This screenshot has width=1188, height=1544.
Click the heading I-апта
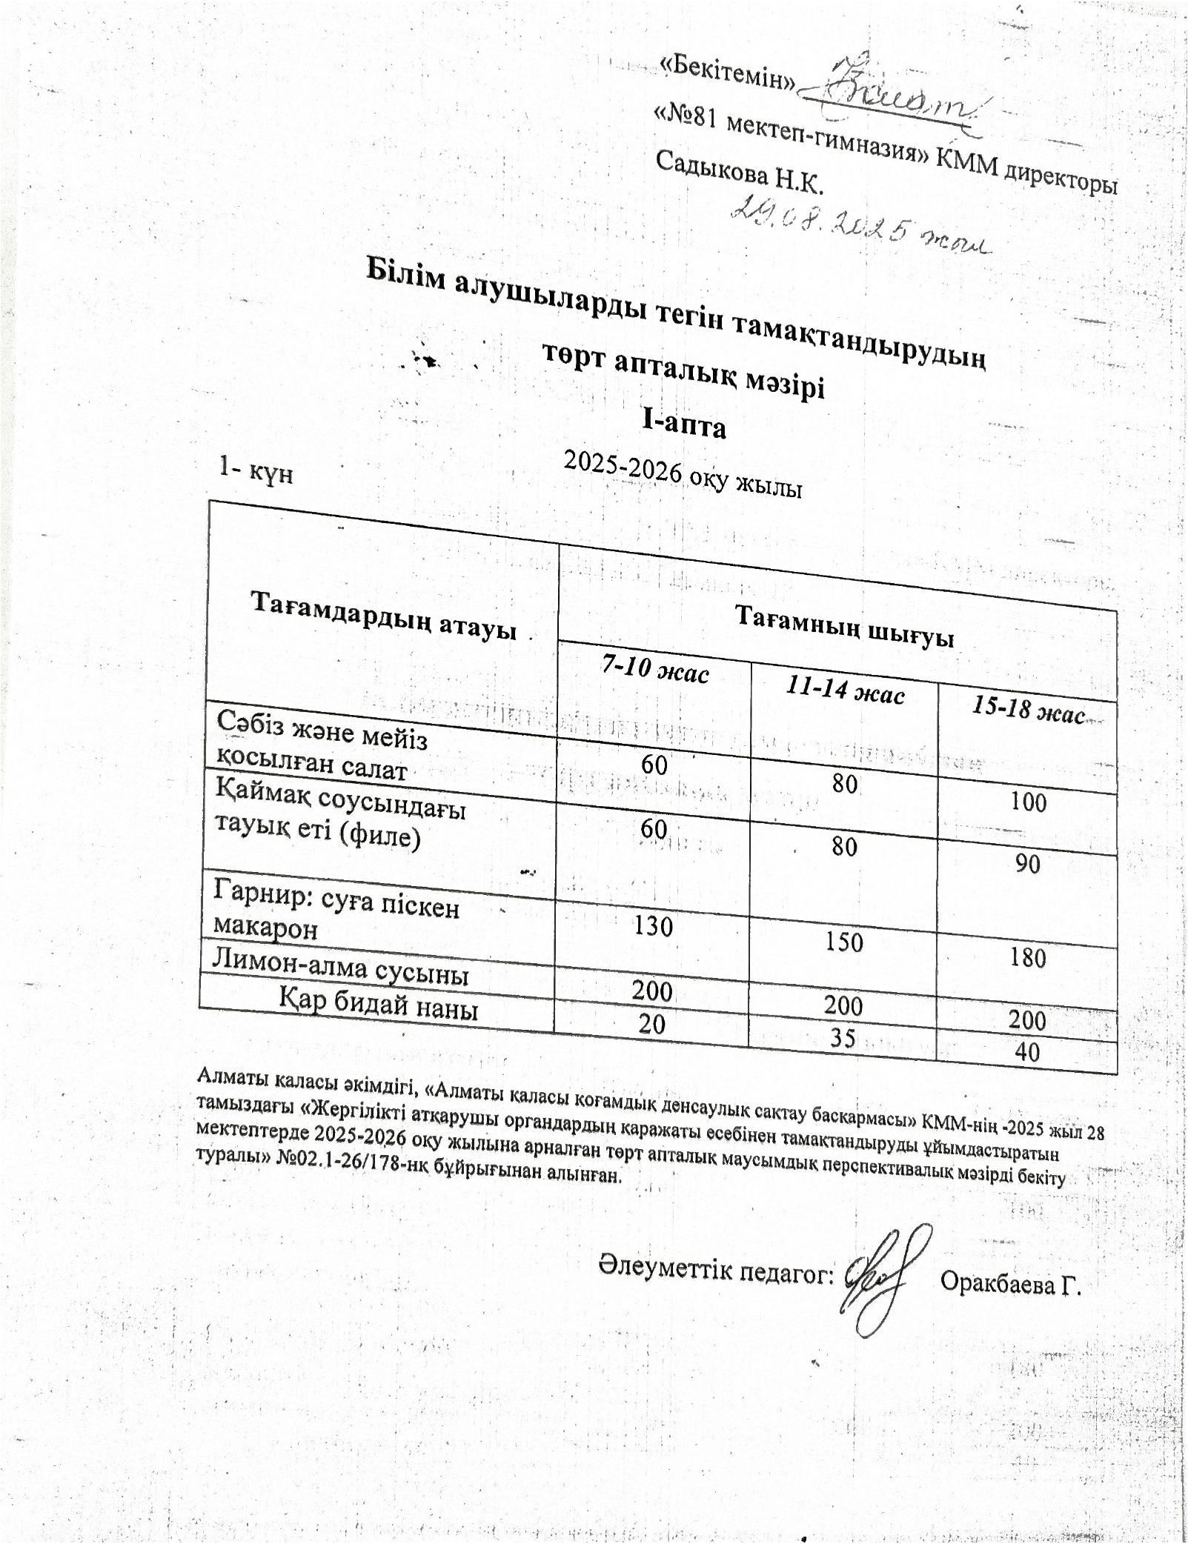pyautogui.click(x=683, y=425)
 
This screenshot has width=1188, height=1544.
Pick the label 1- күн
pyautogui.click(x=256, y=470)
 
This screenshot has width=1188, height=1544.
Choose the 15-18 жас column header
pyautogui.click(x=1028, y=710)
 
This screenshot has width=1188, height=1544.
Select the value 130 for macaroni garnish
pyautogui.click(x=653, y=925)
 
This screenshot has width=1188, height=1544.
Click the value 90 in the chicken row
pyautogui.click(x=1027, y=864)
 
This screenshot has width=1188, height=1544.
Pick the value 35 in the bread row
pyautogui.click(x=843, y=1037)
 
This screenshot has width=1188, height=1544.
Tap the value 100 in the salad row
pyautogui.click(x=1029, y=802)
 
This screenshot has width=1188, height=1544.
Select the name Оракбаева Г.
pyautogui.click(x=1010, y=1283)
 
